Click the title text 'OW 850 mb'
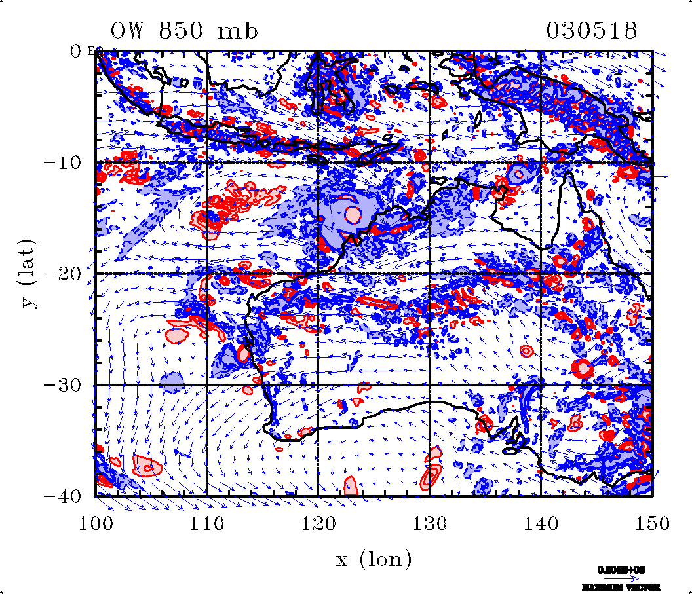(185, 31)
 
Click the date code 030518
(592, 31)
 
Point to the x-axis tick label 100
(96, 523)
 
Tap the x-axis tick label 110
(206, 523)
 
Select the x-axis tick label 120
(318, 523)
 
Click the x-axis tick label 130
(429, 523)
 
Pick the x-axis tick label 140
(541, 523)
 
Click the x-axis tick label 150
(652, 523)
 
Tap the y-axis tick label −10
(64, 162)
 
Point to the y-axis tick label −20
(64, 274)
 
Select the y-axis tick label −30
(64, 385)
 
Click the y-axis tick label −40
(64, 496)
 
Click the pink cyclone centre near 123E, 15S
(353, 213)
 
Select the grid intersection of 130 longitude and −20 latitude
(429, 274)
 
